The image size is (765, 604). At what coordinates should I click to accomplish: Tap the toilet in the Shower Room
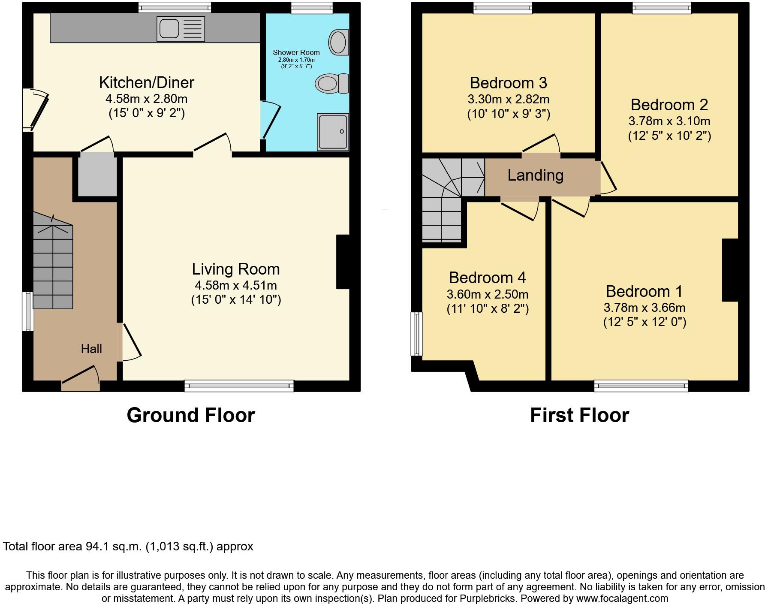coord(332,83)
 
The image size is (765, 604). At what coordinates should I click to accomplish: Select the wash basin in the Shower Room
coord(338,42)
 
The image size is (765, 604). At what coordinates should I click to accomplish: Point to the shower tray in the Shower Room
coord(333,132)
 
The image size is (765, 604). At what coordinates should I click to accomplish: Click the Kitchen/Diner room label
coord(146,82)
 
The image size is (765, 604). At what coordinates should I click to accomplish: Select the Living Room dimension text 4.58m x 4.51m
coord(235,285)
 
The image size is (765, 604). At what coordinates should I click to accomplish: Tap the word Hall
coord(91,349)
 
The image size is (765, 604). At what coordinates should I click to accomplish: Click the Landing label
coord(535,175)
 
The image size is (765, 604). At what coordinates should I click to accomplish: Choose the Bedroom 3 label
coord(508,83)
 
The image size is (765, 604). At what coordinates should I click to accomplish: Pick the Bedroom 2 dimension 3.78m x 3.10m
coord(669,121)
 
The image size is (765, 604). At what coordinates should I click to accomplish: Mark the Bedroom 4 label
coord(487,278)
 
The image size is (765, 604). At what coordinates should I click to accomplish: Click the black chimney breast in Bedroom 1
coord(730,270)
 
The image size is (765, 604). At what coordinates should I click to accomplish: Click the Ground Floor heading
coord(191,415)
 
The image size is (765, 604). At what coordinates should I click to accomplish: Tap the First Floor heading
coord(579,415)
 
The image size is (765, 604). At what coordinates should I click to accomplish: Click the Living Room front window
coord(239,386)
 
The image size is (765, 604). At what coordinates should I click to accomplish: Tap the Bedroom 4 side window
coord(417,334)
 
